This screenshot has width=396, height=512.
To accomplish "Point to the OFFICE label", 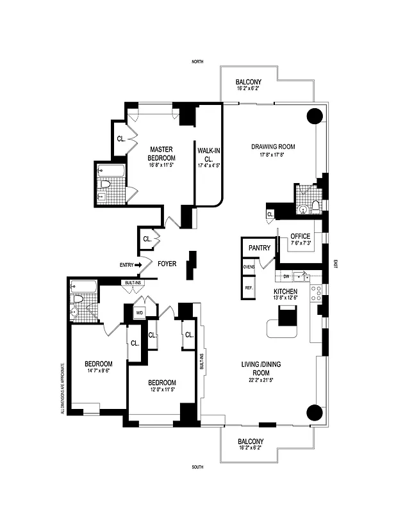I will [x=300, y=236].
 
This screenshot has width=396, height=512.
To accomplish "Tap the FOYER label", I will [x=167, y=263].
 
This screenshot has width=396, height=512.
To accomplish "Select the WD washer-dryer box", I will [x=140, y=313].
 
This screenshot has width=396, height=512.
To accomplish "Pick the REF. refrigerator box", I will [x=249, y=288].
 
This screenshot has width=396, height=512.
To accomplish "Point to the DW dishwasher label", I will [x=286, y=276].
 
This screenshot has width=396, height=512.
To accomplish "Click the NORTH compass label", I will [x=197, y=61].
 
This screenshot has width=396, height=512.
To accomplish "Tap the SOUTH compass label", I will [x=197, y=468].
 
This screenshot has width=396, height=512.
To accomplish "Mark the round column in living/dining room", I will [x=315, y=413].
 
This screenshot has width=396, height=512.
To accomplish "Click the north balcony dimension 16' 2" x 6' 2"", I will [x=247, y=88].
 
